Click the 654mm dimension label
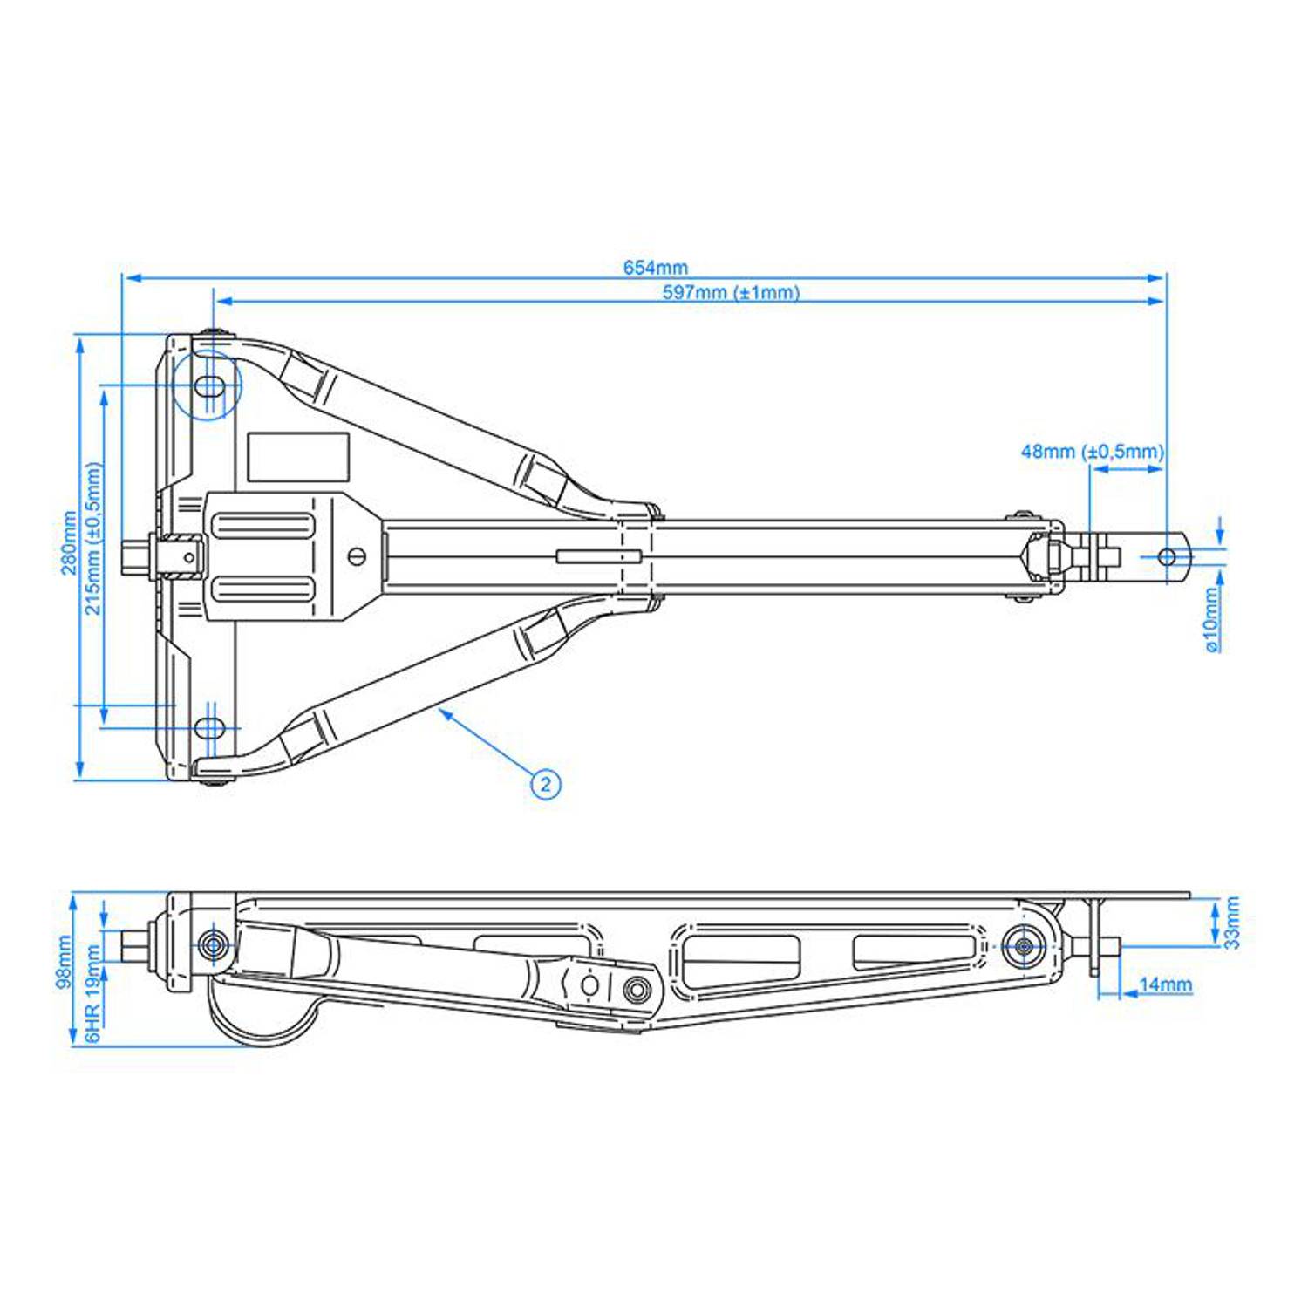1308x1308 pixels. click(x=655, y=268)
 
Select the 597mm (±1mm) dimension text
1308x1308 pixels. click(x=731, y=292)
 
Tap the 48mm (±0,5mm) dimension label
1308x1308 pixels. click(x=1092, y=452)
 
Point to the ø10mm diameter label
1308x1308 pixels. click(x=1211, y=619)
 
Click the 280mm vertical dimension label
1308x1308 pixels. click(x=69, y=542)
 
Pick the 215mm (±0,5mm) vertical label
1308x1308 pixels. click(x=93, y=538)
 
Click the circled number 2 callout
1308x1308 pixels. click(x=546, y=784)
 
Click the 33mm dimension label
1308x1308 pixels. click(x=1231, y=923)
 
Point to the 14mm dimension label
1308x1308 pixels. click(x=1165, y=984)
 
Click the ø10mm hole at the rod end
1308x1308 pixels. click(x=1166, y=557)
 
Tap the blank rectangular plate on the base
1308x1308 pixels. click(x=298, y=457)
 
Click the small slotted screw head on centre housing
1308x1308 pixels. click(x=356, y=556)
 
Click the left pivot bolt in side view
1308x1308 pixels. click(x=213, y=944)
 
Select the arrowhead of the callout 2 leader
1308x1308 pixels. click(x=443, y=712)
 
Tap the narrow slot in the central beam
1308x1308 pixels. click(x=599, y=556)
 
